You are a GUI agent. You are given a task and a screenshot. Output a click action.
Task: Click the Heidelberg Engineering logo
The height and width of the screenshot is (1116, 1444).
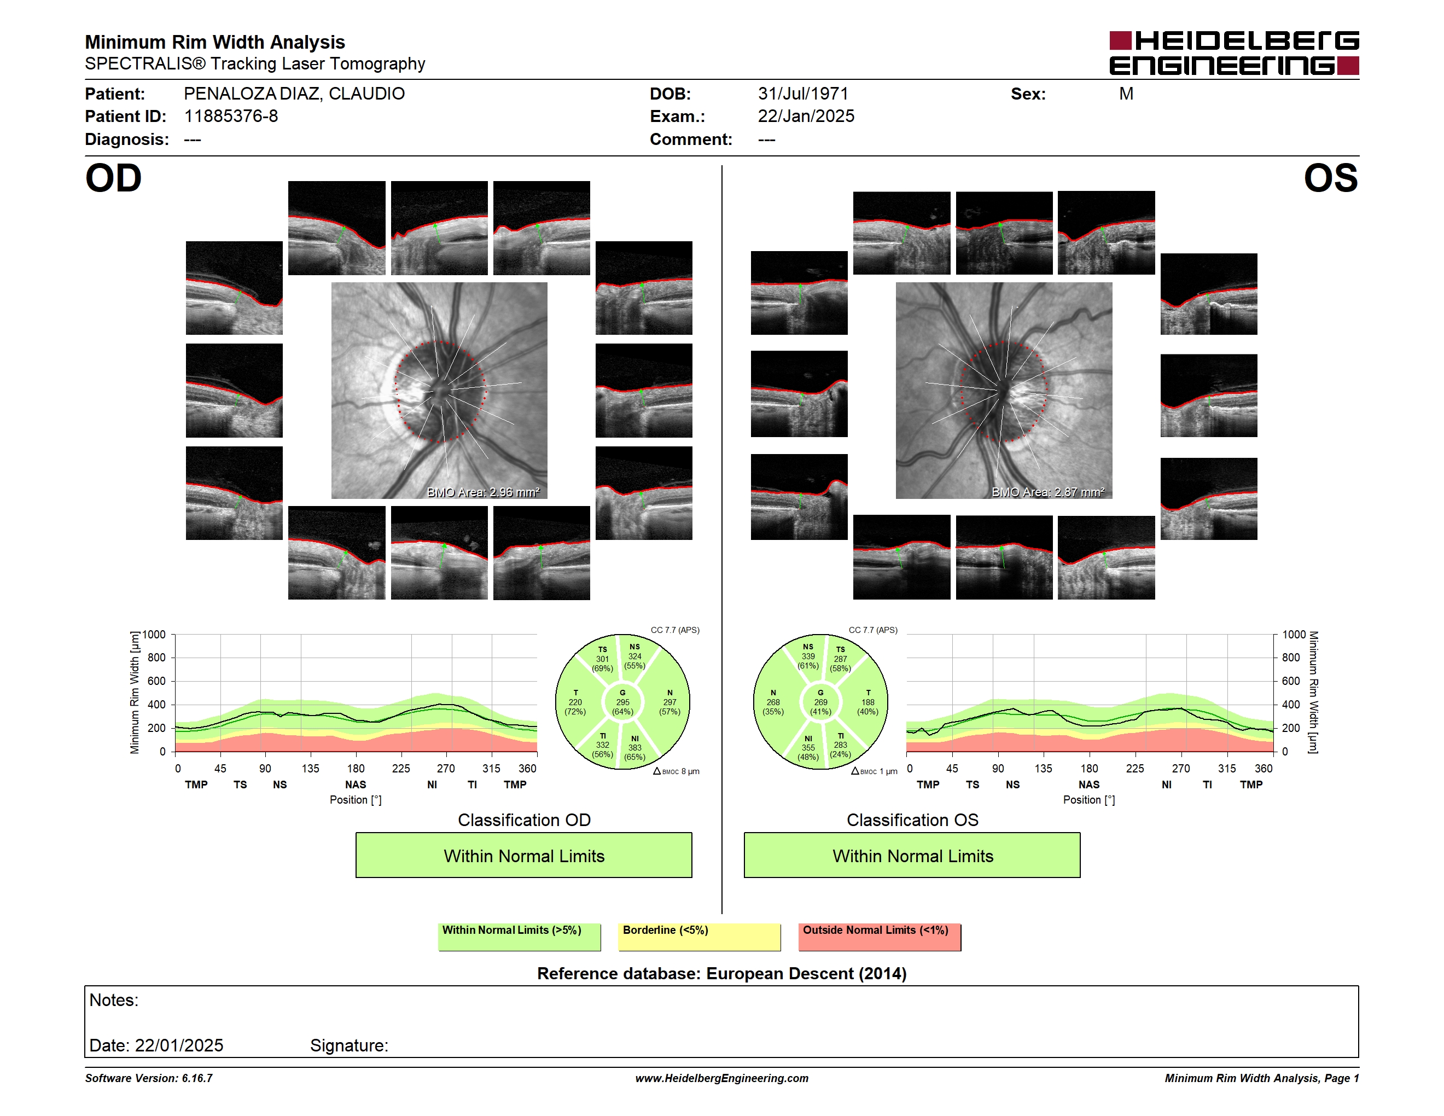pos(1234,53)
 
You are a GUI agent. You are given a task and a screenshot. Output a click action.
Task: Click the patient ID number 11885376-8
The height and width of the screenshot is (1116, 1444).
pos(231,117)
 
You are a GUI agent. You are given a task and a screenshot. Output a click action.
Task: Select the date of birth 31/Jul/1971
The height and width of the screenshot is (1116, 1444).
pos(802,94)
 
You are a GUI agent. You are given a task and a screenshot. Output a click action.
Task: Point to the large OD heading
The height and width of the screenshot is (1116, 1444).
pos(114,178)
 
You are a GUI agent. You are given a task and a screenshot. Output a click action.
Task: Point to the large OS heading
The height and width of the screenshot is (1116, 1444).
pos(1330,178)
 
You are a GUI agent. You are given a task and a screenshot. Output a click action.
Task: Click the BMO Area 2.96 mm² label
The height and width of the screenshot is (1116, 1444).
pos(484,492)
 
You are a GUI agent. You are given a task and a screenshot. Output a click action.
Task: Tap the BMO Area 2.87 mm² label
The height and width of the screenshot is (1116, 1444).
pos(1048,492)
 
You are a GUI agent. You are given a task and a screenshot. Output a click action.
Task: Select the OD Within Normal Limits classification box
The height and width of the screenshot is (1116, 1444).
pos(523,855)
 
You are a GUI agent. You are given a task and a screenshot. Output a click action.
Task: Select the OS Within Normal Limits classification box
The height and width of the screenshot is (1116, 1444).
pos(912,855)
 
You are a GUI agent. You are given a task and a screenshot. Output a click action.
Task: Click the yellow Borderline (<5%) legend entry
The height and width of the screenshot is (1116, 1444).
pos(700,937)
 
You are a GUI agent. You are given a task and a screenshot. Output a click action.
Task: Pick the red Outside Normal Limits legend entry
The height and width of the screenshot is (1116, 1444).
pos(880,937)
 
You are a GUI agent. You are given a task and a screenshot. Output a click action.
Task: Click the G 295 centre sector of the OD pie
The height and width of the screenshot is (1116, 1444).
pos(622,702)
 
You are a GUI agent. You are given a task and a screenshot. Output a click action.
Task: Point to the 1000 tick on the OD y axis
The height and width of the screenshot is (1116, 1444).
pos(154,635)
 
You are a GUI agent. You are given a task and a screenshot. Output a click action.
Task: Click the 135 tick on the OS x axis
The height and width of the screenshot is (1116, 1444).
pos(1043,768)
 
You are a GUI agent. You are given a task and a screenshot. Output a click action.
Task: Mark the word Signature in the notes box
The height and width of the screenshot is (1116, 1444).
pos(349,1045)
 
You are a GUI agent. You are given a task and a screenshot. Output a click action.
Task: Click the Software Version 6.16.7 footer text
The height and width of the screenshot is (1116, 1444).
pos(149,1078)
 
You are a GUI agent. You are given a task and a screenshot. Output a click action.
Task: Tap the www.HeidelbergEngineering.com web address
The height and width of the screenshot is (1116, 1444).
pos(722,1078)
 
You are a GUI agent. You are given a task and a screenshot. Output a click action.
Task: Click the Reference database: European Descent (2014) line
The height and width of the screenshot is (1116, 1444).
pos(722,973)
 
